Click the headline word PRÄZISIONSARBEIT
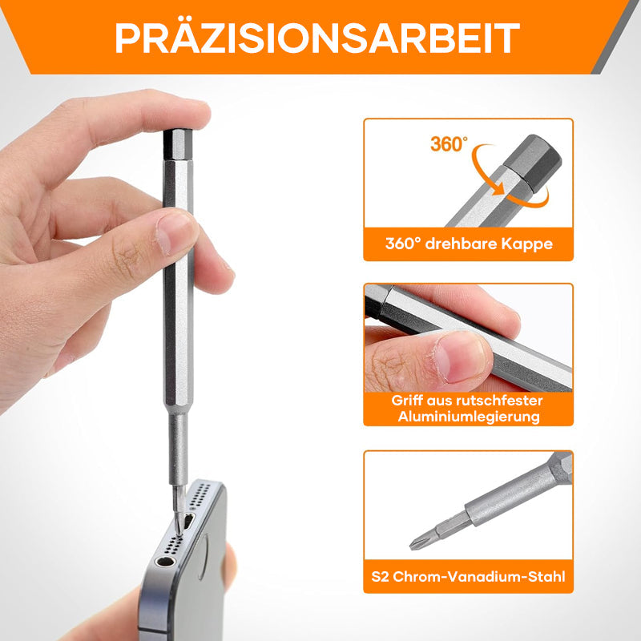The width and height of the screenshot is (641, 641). click(x=317, y=38)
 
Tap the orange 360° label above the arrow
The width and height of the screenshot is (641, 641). click(x=449, y=144)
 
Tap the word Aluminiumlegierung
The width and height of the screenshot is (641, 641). click(x=469, y=417)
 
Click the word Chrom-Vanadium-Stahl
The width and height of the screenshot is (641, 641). click(x=479, y=576)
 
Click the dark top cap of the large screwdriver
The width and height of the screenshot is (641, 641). click(x=178, y=145)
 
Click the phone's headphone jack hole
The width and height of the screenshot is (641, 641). click(x=165, y=562)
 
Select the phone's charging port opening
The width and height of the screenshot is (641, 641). click(x=188, y=522)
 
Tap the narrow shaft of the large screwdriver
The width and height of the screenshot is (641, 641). click(x=178, y=450)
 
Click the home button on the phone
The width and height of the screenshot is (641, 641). click(x=204, y=558)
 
